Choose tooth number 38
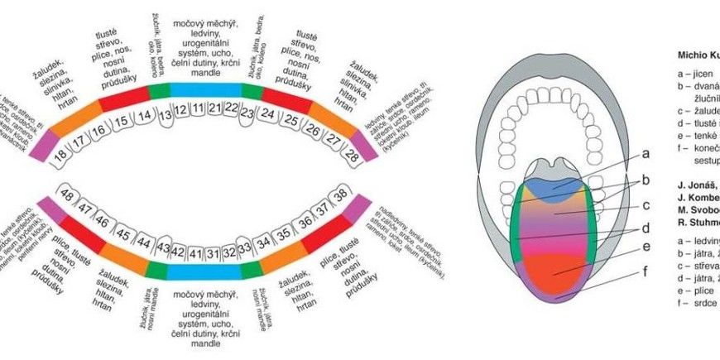tap(340, 195)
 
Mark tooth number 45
tap(122, 234)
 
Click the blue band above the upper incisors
tap(205, 89)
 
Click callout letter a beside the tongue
tap(646, 153)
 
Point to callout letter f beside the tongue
tap(646, 271)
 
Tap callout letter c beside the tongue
tap(646, 204)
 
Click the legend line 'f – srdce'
tap(695, 303)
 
